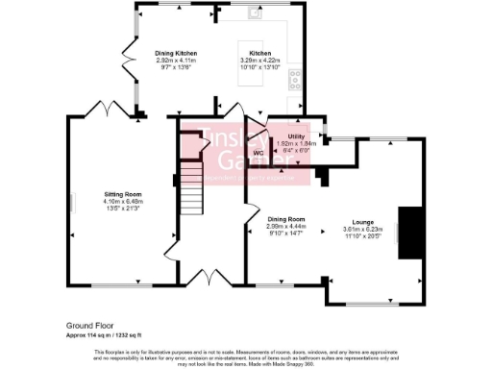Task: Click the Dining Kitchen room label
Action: (175, 54)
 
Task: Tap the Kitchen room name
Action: (260, 54)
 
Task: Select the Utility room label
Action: (296, 137)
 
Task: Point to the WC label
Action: (258, 153)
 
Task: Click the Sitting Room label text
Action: (122, 194)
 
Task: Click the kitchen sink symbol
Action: (256, 12)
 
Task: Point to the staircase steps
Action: (191, 187)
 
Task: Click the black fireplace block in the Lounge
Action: (411, 232)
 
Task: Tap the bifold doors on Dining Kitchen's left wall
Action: (126, 61)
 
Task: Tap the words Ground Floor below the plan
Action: (89, 326)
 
